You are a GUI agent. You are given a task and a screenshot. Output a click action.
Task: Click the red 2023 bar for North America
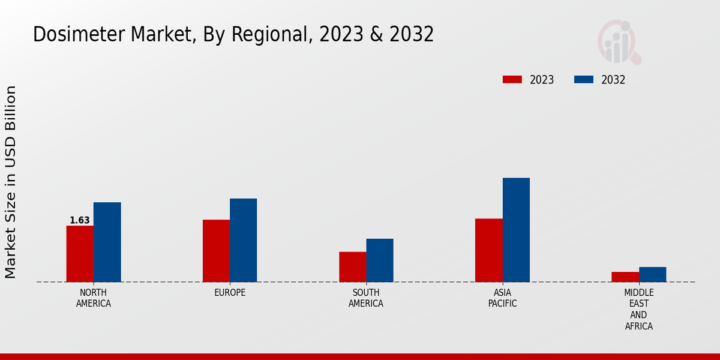pyautogui.click(x=80, y=254)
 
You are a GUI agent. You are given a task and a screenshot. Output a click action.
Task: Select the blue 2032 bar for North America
pyautogui.click(x=107, y=242)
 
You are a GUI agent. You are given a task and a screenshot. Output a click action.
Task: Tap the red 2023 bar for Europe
pyautogui.click(x=216, y=251)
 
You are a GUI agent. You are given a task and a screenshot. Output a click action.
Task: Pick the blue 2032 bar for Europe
pyautogui.click(x=243, y=240)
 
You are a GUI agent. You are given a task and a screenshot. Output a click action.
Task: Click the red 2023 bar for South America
pyautogui.click(x=352, y=267)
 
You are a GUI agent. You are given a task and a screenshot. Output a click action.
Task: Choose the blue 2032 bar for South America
pyautogui.click(x=380, y=260)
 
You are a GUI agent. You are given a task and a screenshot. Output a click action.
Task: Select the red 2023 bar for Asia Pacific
pyautogui.click(x=488, y=250)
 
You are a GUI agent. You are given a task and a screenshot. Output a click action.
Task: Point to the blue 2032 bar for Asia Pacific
pyautogui.click(x=516, y=230)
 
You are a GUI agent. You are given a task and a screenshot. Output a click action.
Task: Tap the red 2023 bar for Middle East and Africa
pyautogui.click(x=625, y=277)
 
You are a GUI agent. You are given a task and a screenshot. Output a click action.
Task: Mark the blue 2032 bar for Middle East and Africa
pyautogui.click(x=652, y=274)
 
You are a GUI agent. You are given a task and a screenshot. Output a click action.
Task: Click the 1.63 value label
pyautogui.click(x=80, y=220)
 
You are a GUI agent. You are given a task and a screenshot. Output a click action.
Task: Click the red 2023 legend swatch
pyautogui.click(x=512, y=80)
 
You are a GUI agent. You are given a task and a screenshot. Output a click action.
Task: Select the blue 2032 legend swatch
pyautogui.click(x=584, y=80)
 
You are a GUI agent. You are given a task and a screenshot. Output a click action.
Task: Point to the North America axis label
pyautogui.click(x=94, y=298)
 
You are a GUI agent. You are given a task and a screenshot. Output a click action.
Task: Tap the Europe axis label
pyautogui.click(x=230, y=293)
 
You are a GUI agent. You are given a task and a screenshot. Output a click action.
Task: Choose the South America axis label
pyautogui.click(x=366, y=298)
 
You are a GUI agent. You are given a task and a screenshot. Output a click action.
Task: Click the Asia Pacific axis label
pyautogui.click(x=502, y=298)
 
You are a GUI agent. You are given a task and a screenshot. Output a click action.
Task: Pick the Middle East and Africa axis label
pyautogui.click(x=638, y=310)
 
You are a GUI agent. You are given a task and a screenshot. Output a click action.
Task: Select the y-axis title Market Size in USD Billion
pyautogui.click(x=11, y=182)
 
